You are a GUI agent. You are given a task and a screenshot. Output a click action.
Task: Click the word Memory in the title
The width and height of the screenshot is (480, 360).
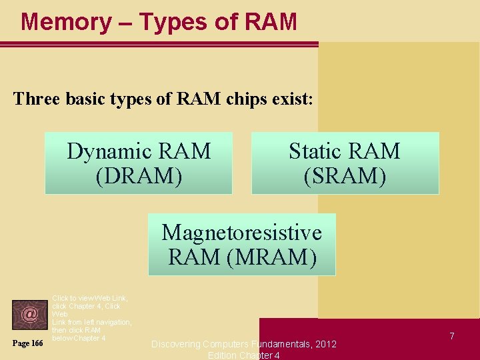click(66, 22)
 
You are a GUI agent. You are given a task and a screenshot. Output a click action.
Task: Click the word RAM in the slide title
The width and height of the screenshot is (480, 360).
click(271, 22)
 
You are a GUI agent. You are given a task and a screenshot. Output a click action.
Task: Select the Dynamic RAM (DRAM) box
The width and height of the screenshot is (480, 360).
click(139, 163)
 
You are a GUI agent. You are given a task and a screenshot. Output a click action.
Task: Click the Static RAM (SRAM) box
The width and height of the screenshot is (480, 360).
click(345, 163)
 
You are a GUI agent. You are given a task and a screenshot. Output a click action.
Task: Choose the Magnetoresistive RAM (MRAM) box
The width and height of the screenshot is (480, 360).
click(241, 245)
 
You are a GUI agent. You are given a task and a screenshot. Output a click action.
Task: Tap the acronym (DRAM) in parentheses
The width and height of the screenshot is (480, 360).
click(139, 176)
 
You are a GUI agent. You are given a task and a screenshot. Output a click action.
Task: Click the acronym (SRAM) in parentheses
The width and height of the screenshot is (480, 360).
click(345, 176)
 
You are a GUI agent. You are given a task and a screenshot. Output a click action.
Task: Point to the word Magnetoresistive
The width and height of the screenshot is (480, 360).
click(241, 232)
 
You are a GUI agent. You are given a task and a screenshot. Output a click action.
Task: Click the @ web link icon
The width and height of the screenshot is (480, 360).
click(29, 313)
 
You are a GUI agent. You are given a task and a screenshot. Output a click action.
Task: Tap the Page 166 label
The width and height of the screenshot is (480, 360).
click(27, 343)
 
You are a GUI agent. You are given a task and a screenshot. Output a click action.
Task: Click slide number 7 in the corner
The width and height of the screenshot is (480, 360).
click(451, 336)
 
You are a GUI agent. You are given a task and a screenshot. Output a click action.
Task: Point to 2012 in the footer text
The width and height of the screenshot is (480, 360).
click(325, 344)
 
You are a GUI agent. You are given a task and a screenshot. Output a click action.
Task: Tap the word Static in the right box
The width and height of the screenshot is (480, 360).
click(315, 151)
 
